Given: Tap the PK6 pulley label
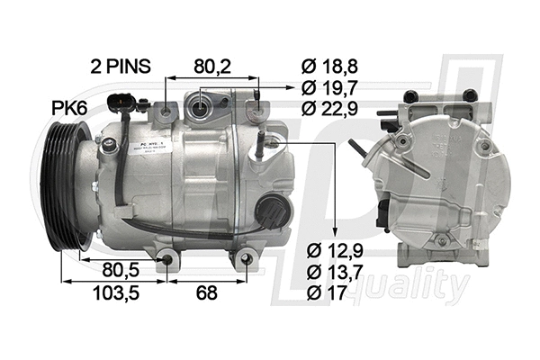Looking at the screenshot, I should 68,108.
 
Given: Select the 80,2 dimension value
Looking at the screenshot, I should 212,66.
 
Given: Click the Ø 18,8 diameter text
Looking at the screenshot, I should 329,66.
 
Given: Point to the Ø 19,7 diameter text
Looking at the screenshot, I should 329,87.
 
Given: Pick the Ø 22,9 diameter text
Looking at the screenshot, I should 329,109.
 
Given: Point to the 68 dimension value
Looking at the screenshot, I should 206,292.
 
